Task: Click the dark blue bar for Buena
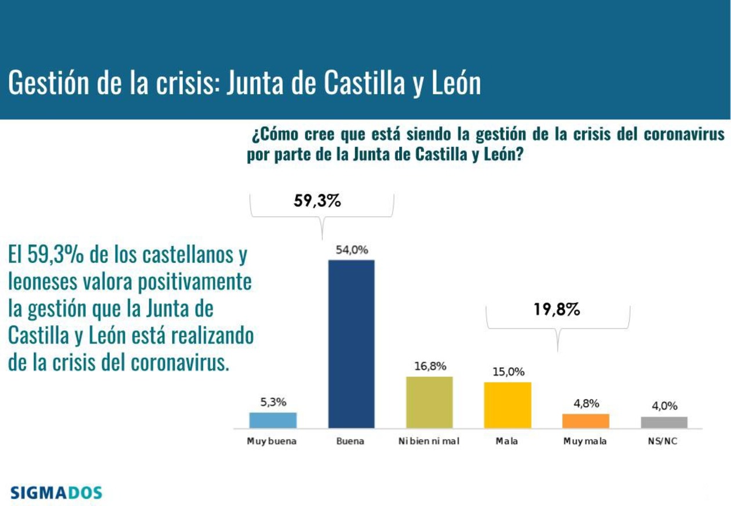(x=351, y=344)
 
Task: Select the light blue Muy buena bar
(x=273, y=420)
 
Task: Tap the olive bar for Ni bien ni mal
(x=429, y=402)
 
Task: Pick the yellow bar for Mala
(x=507, y=404)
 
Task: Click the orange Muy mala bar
(x=585, y=421)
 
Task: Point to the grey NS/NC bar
(x=664, y=422)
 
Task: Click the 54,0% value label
(x=352, y=250)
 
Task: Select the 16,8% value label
(x=430, y=366)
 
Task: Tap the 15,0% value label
(x=508, y=372)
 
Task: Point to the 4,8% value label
(x=586, y=404)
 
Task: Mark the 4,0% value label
(x=664, y=406)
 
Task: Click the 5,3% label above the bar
(x=273, y=402)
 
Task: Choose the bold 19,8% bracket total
(x=557, y=310)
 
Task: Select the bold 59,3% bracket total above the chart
(x=317, y=202)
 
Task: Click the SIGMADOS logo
(x=56, y=493)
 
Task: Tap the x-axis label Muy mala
(x=585, y=441)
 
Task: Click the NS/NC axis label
(x=663, y=441)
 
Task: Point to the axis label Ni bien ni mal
(x=429, y=441)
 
